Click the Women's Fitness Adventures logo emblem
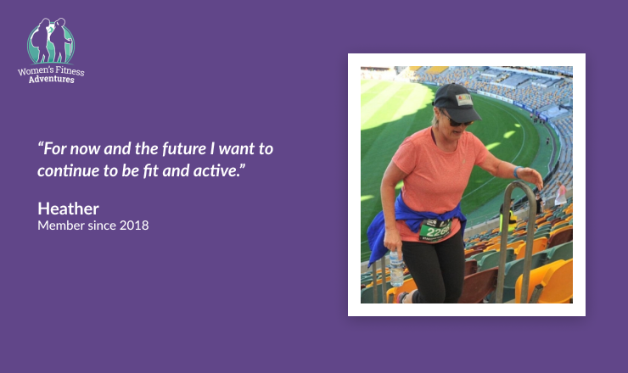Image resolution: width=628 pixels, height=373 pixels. point(51,41)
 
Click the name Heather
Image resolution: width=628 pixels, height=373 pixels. point(68,209)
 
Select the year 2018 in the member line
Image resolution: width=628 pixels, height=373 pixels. point(134,225)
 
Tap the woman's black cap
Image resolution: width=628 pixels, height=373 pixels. point(457,102)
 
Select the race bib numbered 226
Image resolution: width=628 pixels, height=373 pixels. point(435,231)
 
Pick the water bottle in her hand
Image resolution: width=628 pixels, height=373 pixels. point(396,269)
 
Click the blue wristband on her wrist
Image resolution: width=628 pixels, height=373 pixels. point(517,172)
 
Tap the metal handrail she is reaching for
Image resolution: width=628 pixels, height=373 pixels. point(516,240)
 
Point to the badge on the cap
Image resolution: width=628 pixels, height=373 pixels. point(464,100)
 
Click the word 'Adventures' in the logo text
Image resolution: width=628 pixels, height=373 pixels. point(51,79)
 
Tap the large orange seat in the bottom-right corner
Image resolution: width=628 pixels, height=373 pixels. point(545,282)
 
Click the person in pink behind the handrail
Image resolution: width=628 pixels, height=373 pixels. point(560,194)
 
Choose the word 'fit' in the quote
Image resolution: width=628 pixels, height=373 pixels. point(150,171)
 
